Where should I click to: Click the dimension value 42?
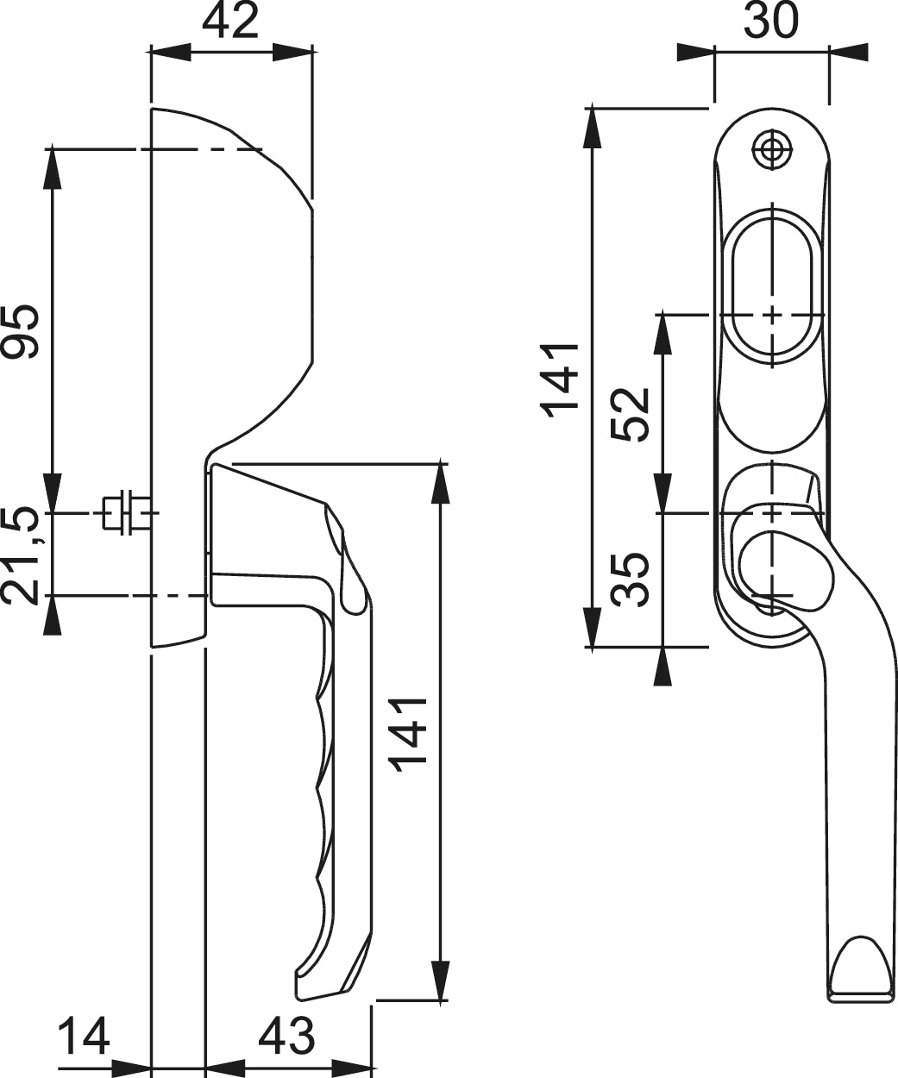coord(229,22)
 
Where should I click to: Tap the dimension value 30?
coord(770,20)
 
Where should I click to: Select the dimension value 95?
coord(20,330)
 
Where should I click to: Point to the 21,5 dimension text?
coord(20,556)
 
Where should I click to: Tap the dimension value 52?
coord(630,414)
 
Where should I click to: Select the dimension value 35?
coord(630,580)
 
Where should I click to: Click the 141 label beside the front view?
coord(560,379)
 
